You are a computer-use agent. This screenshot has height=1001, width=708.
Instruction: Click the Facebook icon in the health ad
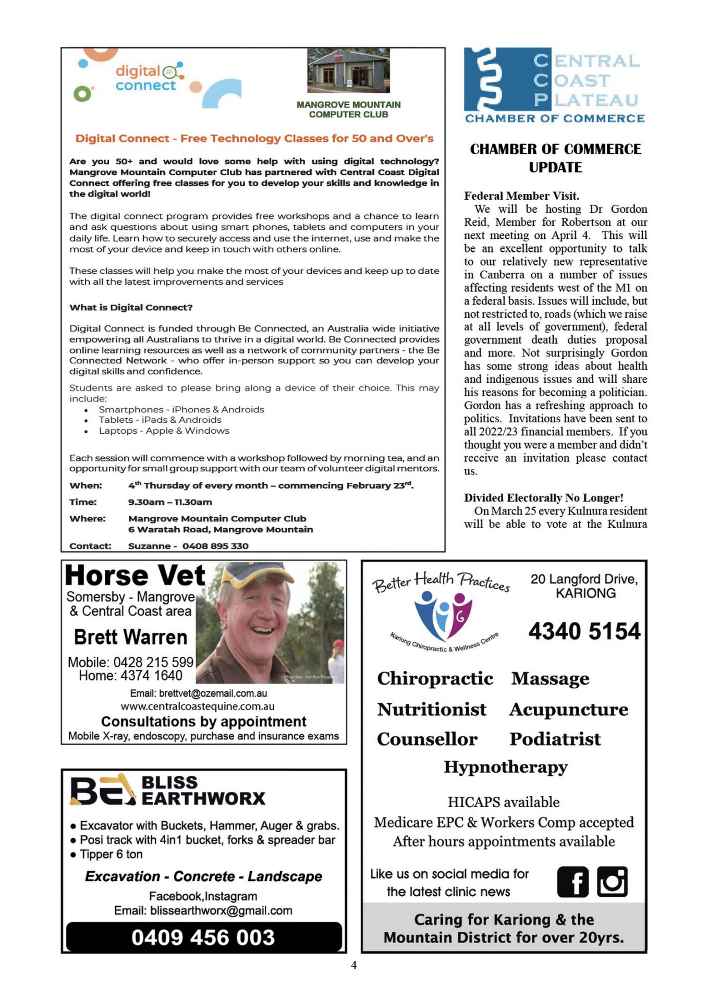(572, 882)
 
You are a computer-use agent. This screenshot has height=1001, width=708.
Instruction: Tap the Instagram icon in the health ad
(612, 882)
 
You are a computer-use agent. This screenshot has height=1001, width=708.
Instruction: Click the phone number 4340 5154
(584, 631)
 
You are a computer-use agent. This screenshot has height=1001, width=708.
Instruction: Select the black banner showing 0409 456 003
(203, 937)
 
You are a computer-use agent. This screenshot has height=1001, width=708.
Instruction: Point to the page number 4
(354, 965)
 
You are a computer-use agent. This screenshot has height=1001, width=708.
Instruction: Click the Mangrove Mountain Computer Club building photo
(348, 70)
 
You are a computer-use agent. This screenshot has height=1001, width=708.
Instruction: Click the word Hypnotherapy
(505, 767)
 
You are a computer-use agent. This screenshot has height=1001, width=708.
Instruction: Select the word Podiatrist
(555, 739)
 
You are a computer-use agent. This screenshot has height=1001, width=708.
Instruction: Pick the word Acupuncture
(568, 710)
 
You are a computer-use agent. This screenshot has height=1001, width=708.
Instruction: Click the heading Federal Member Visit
(521, 196)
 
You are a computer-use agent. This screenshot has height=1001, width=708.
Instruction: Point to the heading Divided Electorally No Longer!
(543, 498)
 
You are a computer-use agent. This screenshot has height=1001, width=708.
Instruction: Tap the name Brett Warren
(130, 637)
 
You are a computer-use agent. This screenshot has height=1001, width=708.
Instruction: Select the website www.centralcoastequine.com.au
(198, 706)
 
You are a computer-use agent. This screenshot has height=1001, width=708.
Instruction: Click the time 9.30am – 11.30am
(170, 502)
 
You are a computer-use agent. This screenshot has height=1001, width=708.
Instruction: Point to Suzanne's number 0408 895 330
(215, 546)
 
